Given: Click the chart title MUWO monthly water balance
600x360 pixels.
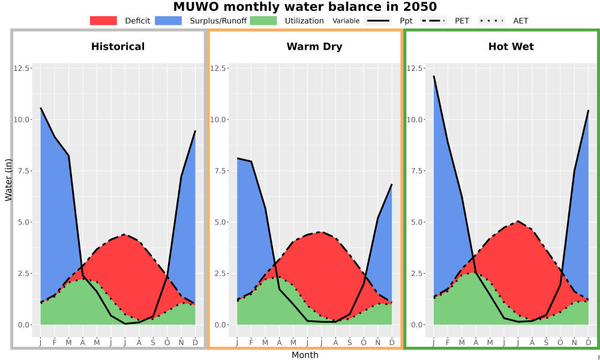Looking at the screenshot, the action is pyautogui.click(x=305, y=7).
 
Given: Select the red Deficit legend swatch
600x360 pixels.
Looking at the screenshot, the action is pyautogui.click(x=103, y=20).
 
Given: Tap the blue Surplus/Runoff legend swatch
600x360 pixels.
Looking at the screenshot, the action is pyautogui.click(x=169, y=20).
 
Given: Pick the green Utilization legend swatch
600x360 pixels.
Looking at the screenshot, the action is pyautogui.click(x=263, y=20).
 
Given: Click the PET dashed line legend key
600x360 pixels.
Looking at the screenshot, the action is pyautogui.click(x=433, y=20).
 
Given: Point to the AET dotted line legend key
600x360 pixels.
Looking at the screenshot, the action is pyautogui.click(x=491, y=20).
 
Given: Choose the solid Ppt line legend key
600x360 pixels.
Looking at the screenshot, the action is pyautogui.click(x=377, y=20).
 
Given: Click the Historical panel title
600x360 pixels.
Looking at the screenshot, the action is pyautogui.click(x=118, y=47).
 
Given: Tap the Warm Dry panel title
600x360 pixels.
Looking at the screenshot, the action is pyautogui.click(x=314, y=47).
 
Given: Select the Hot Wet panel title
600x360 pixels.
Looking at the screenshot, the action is pyautogui.click(x=511, y=47).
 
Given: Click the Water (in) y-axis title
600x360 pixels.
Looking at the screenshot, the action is pyautogui.click(x=8, y=181).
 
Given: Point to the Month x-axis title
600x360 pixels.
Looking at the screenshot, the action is pyautogui.click(x=305, y=355).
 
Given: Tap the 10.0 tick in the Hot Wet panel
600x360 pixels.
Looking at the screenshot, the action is pyautogui.click(x=414, y=119).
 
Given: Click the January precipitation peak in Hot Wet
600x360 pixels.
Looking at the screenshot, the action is pyautogui.click(x=434, y=76).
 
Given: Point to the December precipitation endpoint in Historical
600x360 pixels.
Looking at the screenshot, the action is pyautogui.click(x=195, y=131).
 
